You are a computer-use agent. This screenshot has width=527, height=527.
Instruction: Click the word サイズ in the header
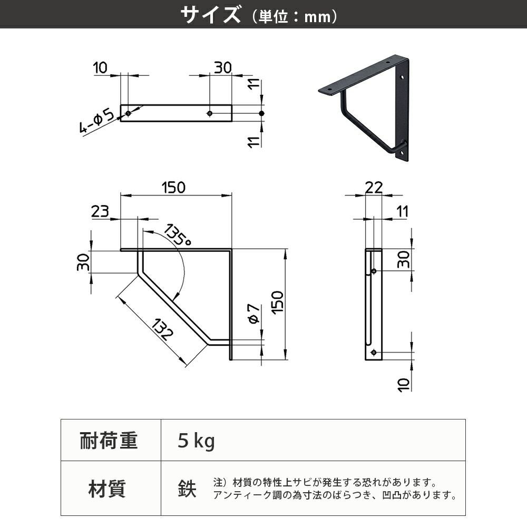pyautogui.click(x=210, y=15)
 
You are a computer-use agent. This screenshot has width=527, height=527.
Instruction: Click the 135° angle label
pyautogui.click(x=177, y=235)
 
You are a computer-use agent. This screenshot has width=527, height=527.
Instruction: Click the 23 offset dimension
pyautogui.click(x=100, y=211)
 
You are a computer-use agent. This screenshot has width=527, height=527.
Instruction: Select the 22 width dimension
pyautogui.click(x=373, y=187)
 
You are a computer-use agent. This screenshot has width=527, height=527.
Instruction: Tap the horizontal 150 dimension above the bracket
pyautogui.click(x=173, y=187)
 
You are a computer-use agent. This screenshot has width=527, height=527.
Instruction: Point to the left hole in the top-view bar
pyautogui.click(x=128, y=113)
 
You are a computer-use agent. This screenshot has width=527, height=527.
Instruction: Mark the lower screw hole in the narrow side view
pyautogui.click(x=374, y=352)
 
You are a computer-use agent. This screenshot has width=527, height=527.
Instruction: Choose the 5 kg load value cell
pyautogui.click(x=197, y=441)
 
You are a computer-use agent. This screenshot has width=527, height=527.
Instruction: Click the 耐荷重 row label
pyautogui.click(x=109, y=440)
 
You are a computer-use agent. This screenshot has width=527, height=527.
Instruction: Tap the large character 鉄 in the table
pyautogui.click(x=187, y=489)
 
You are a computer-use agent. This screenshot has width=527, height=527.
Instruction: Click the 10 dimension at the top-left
pyautogui.click(x=100, y=67)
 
